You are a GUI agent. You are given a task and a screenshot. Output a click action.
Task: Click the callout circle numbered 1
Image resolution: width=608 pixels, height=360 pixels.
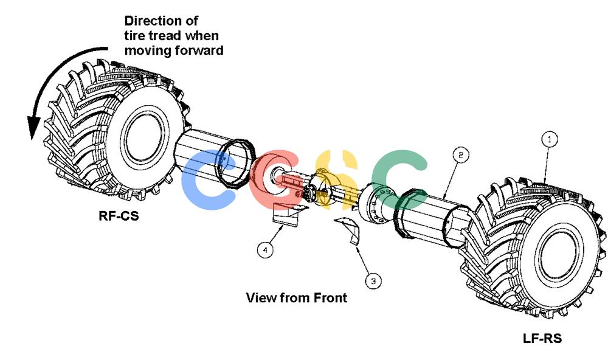[550, 140]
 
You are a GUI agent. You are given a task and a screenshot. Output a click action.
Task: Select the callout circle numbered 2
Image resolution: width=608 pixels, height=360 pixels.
[461, 155]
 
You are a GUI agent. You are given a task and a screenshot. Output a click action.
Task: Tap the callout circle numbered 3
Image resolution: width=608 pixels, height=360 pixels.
[373, 281]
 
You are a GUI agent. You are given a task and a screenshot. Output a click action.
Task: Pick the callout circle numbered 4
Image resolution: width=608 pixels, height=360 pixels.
[265, 249]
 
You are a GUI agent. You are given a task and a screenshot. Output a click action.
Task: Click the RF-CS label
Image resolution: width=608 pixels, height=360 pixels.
[119, 216]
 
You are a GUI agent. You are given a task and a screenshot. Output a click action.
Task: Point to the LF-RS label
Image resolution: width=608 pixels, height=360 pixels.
[542, 338]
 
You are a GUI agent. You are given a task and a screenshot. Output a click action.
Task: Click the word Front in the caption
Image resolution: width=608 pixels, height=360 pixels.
[330, 297]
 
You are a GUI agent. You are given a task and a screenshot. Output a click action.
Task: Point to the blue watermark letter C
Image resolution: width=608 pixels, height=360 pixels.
[208, 179]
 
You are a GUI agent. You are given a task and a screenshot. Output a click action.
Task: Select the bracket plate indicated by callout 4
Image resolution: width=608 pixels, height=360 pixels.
[287, 215]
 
